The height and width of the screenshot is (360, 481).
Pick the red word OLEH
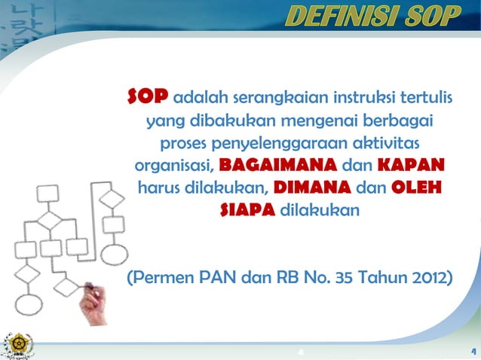[415, 188]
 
